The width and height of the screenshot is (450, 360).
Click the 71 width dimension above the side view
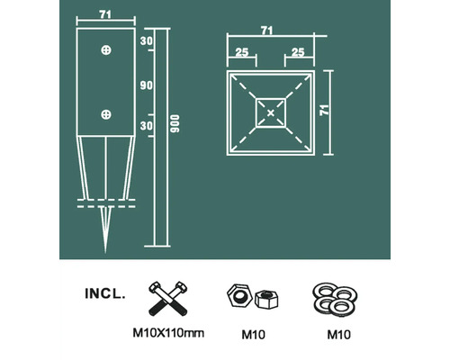[106, 14]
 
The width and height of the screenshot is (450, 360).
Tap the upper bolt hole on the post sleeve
[107, 49]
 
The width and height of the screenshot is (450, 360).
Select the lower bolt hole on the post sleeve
[107, 114]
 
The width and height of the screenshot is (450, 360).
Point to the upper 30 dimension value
[147, 42]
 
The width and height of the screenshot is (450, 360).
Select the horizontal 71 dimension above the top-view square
[267, 31]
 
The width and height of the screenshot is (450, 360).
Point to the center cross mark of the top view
[270, 112]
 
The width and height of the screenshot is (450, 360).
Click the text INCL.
[105, 293]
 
